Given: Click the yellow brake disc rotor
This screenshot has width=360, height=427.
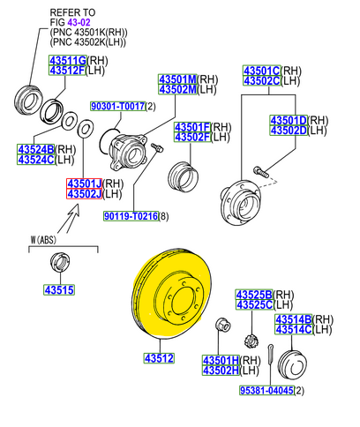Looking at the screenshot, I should point(176,300).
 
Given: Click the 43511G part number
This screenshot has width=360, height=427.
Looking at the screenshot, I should point(66,59).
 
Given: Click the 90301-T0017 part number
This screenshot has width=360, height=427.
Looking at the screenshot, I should point(116,107).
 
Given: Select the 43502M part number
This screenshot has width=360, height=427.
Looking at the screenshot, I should point(176,89).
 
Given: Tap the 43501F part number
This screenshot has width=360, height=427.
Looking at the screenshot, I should point(191,126).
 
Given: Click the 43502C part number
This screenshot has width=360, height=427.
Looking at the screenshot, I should point(262,81).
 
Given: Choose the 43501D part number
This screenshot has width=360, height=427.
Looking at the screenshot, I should point(288,119).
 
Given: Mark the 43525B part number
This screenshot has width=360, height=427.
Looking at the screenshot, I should point(254,294).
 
